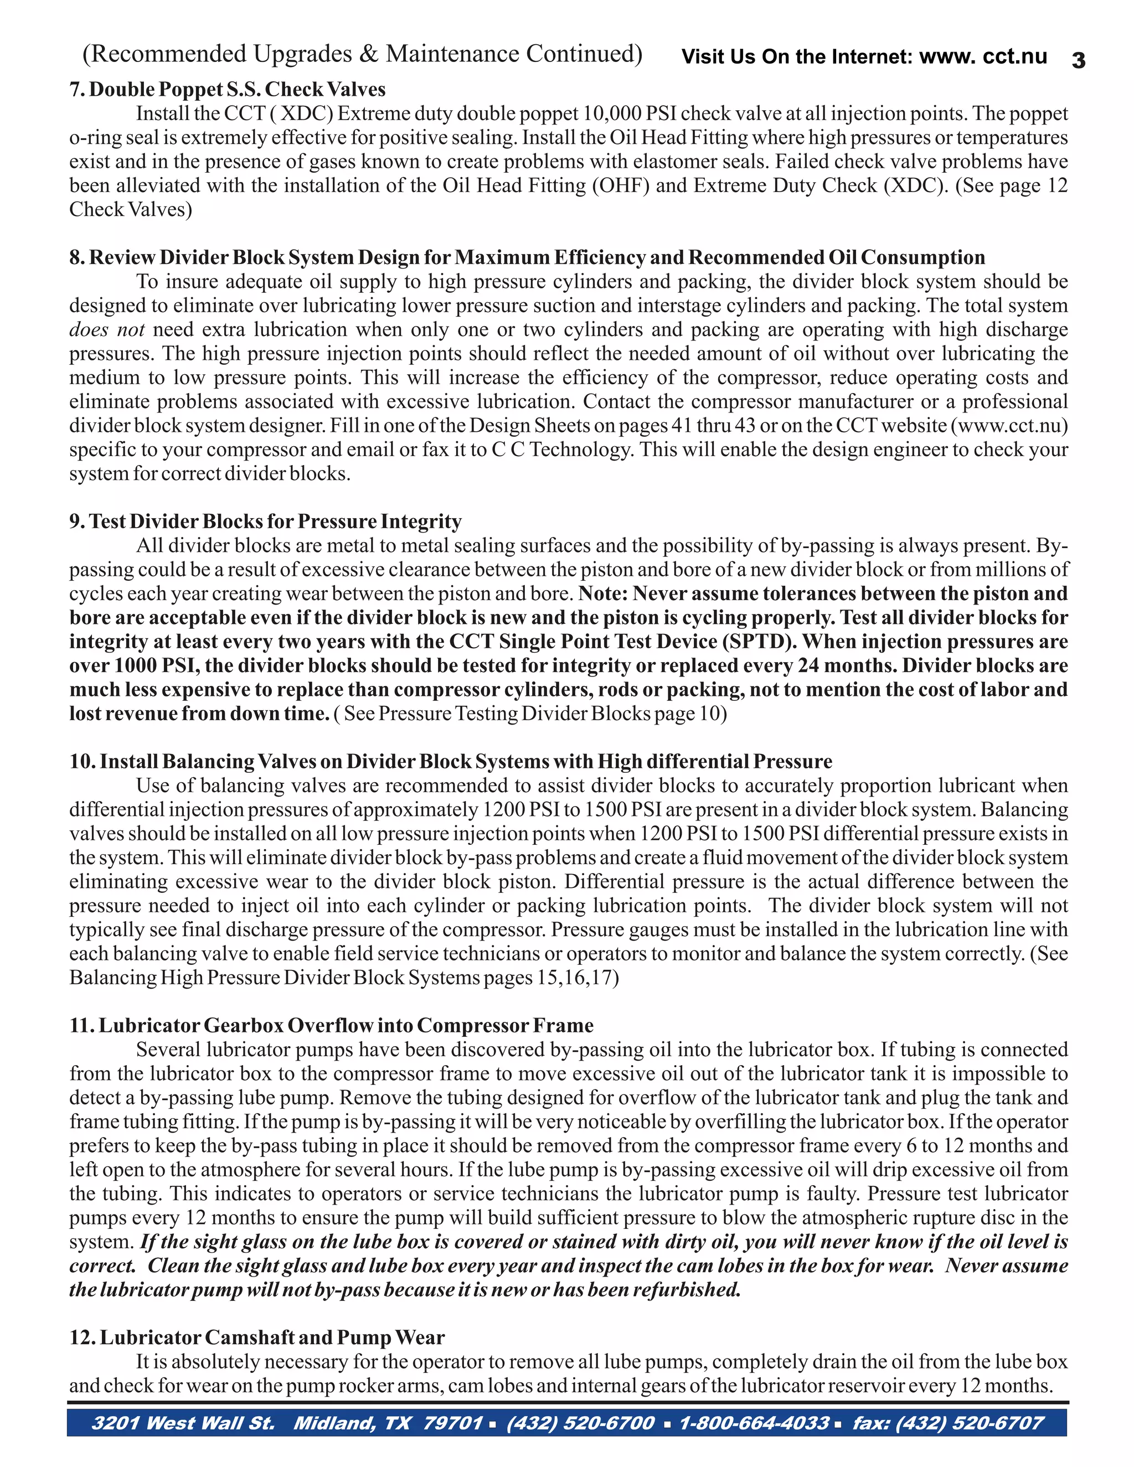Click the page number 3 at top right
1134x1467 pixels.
[x=1078, y=60]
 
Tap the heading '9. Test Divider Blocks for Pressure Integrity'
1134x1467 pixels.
[x=265, y=521]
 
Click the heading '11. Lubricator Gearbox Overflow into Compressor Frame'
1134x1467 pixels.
[x=331, y=1026]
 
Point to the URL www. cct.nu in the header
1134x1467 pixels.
[x=982, y=56]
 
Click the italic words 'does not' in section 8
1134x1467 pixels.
[x=107, y=330]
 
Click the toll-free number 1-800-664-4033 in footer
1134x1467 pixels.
[x=754, y=1423]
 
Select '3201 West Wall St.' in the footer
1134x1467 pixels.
[x=183, y=1423]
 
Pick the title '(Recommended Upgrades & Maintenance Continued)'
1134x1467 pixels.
[x=362, y=54]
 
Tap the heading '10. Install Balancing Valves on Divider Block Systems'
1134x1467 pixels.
[x=450, y=762]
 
